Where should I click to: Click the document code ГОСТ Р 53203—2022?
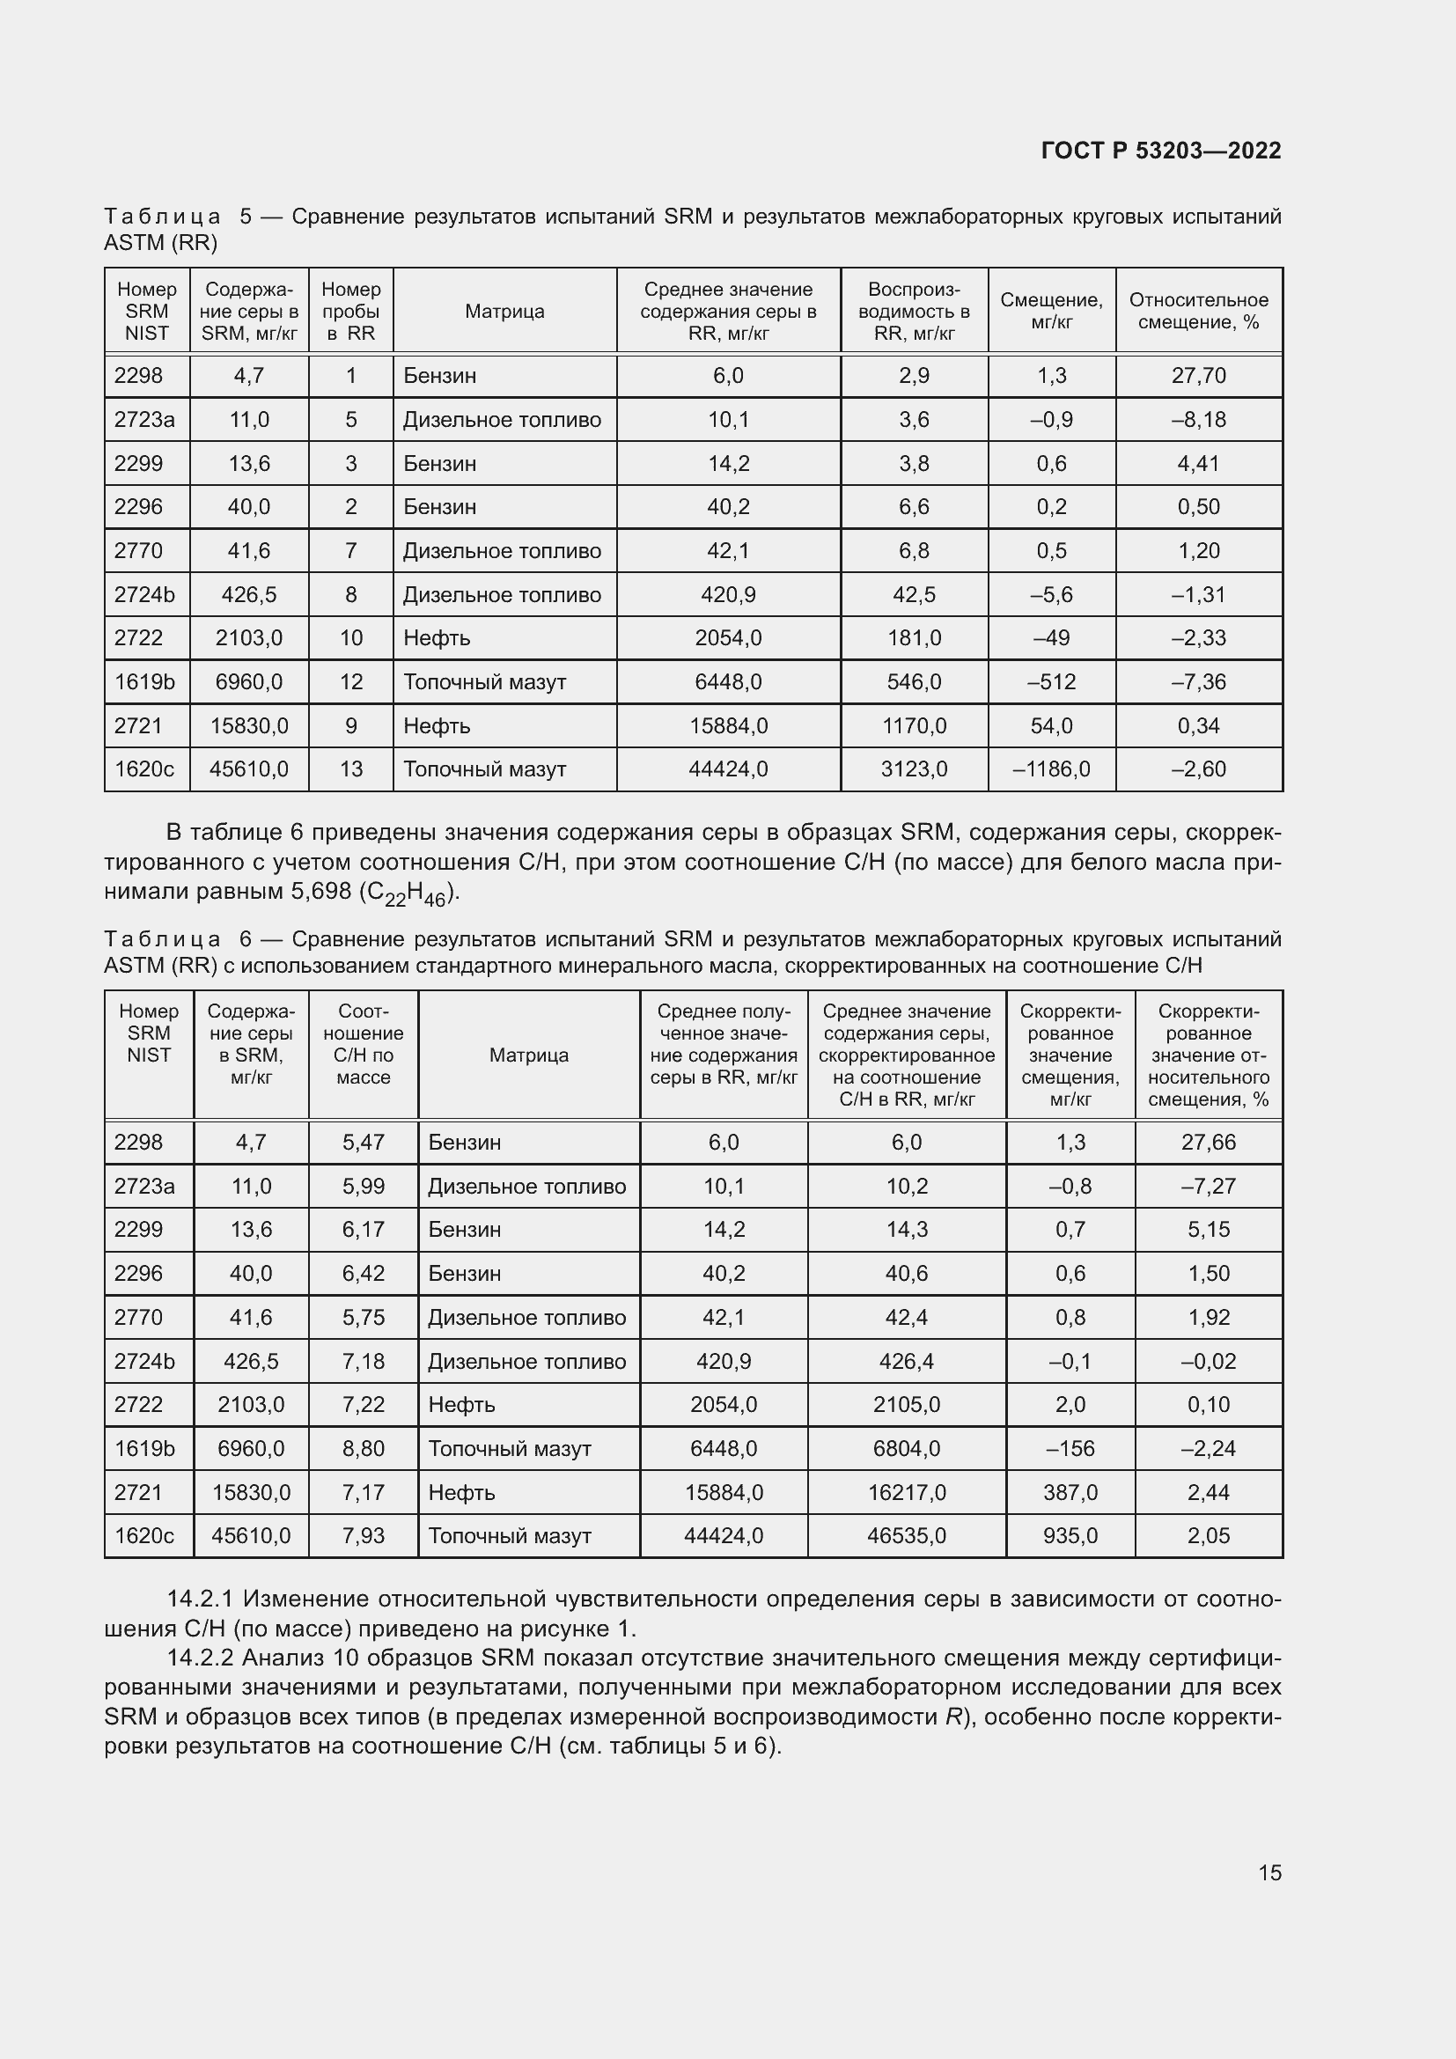[1160, 151]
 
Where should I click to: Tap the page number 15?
[1269, 1872]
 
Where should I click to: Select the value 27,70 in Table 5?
[1198, 376]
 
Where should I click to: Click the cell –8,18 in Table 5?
[1198, 420]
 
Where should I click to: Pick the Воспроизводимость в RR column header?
[914, 311]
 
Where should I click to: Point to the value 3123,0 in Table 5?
[914, 769]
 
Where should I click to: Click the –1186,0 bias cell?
[1051, 769]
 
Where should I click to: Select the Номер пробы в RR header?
[350, 311]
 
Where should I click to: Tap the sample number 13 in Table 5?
[350, 769]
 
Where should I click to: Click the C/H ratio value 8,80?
[363, 1448]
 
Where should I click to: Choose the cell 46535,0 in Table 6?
[906, 1536]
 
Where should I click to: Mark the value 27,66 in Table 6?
[1208, 1143]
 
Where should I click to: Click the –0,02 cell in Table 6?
[1208, 1361]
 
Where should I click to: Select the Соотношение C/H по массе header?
[363, 1045]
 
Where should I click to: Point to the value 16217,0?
[906, 1492]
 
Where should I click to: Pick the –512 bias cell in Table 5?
[1051, 682]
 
